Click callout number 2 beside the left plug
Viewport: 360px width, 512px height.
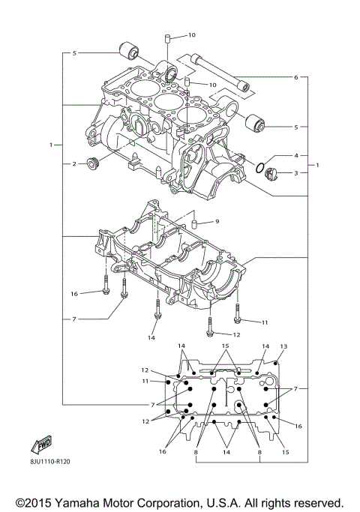coord(73,163)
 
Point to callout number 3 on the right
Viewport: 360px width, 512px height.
coord(296,173)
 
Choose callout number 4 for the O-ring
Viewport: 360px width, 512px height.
coord(296,156)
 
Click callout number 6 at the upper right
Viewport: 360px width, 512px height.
coord(296,78)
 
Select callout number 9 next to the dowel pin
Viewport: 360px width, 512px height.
coord(216,221)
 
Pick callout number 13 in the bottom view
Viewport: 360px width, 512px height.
coord(283,346)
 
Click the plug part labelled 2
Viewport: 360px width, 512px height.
coord(94,163)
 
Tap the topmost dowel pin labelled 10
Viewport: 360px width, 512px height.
coord(169,37)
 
